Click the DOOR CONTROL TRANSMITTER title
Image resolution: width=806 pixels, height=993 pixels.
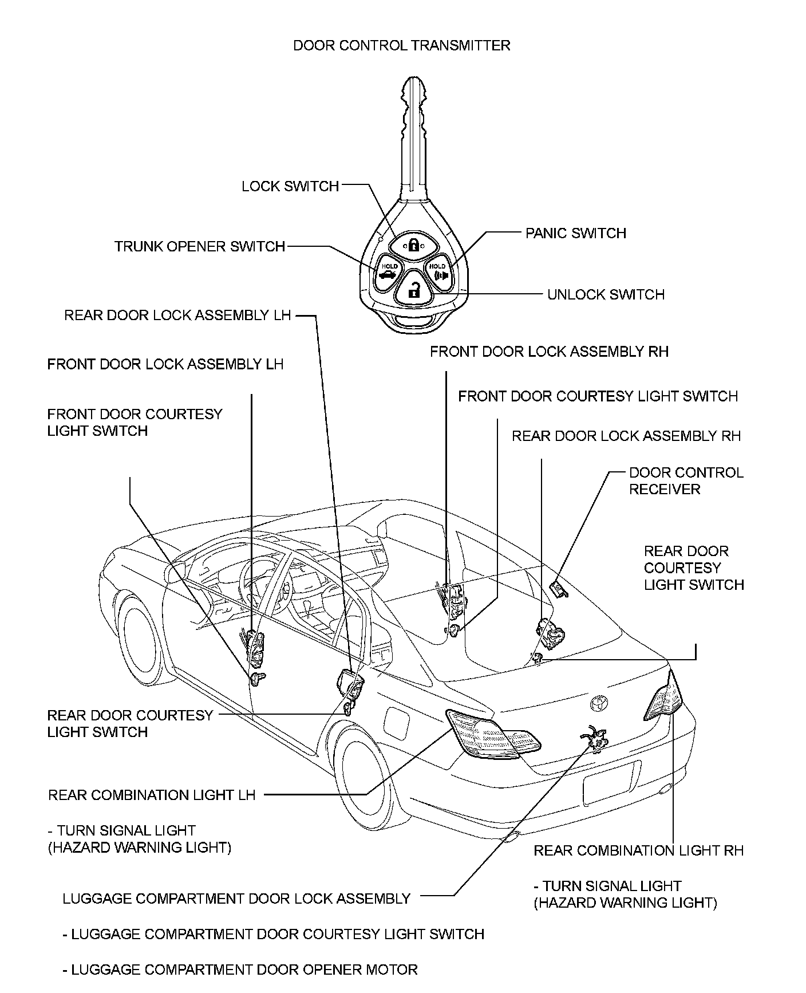[401, 45]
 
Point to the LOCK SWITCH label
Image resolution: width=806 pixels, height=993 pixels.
[290, 186]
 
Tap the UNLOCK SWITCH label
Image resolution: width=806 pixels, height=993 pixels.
[606, 294]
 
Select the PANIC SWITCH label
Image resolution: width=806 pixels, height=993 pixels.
[576, 233]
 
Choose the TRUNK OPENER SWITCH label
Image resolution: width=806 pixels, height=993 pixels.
[200, 246]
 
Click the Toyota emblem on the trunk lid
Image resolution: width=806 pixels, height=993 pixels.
[599, 702]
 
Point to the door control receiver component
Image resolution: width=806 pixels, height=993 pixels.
[558, 588]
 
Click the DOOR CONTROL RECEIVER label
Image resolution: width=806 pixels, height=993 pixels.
[686, 481]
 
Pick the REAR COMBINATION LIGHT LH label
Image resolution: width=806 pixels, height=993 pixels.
[152, 795]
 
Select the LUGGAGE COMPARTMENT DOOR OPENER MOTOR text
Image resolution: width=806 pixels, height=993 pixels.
[240, 970]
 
